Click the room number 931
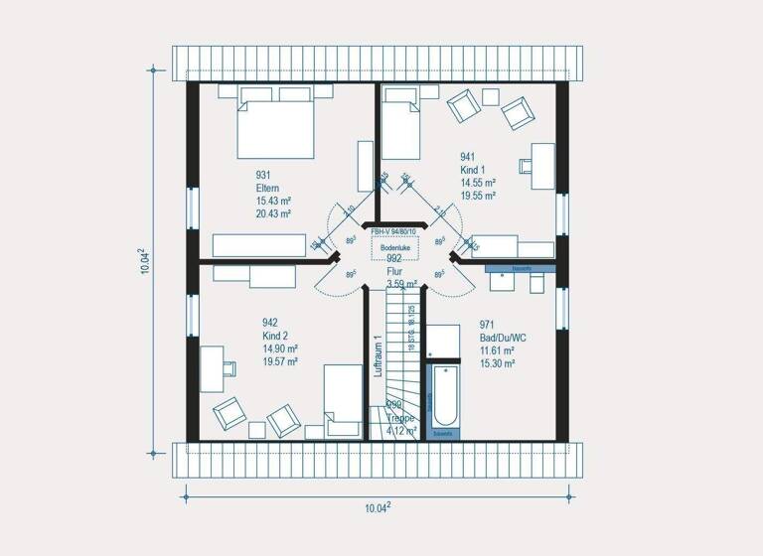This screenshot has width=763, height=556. pos(265,175)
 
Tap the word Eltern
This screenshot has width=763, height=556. pos(267,188)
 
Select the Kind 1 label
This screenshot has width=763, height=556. pos(472,170)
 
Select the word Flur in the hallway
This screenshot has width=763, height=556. pos(394,271)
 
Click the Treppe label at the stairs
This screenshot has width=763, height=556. pos(402,417)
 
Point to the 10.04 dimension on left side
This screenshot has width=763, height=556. pos(144,262)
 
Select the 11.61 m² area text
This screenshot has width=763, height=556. pos(496,350)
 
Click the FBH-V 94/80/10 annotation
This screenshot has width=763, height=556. pos(394,232)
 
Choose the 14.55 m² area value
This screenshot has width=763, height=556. pos(478,183)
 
